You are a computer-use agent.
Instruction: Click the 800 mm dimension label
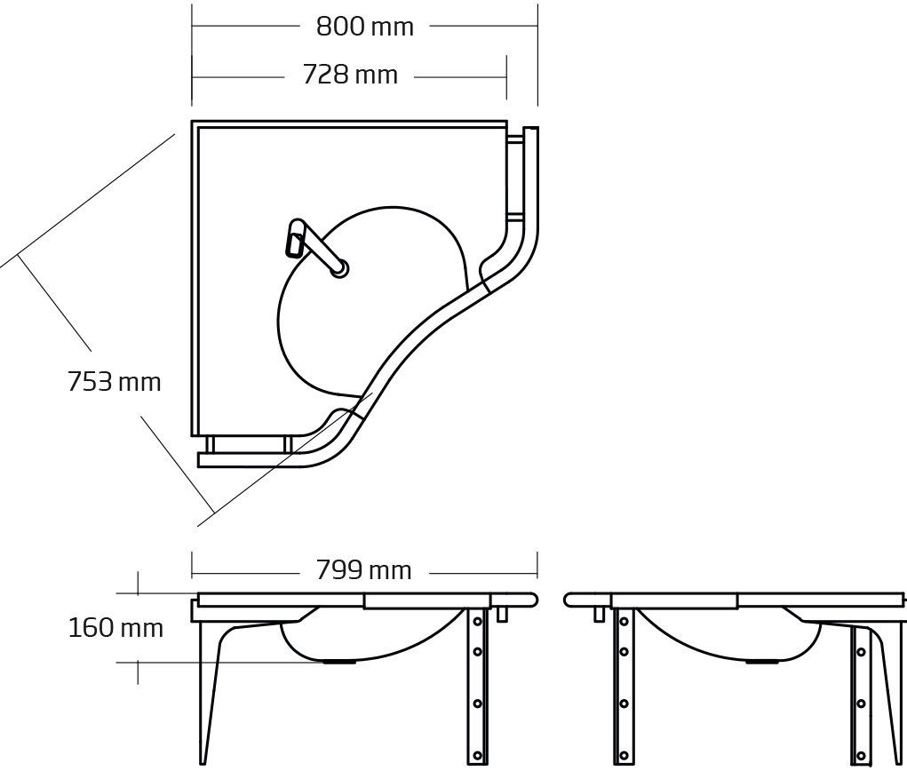[364, 27]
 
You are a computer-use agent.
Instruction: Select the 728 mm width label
[350, 76]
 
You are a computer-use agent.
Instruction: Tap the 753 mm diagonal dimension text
[114, 382]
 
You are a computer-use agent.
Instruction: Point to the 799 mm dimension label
[363, 571]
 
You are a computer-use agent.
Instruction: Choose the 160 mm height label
[115, 628]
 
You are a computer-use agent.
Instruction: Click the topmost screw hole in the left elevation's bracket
[478, 621]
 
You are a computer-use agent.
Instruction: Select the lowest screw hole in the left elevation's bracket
[478, 755]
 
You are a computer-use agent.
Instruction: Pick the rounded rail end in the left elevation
[533, 600]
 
